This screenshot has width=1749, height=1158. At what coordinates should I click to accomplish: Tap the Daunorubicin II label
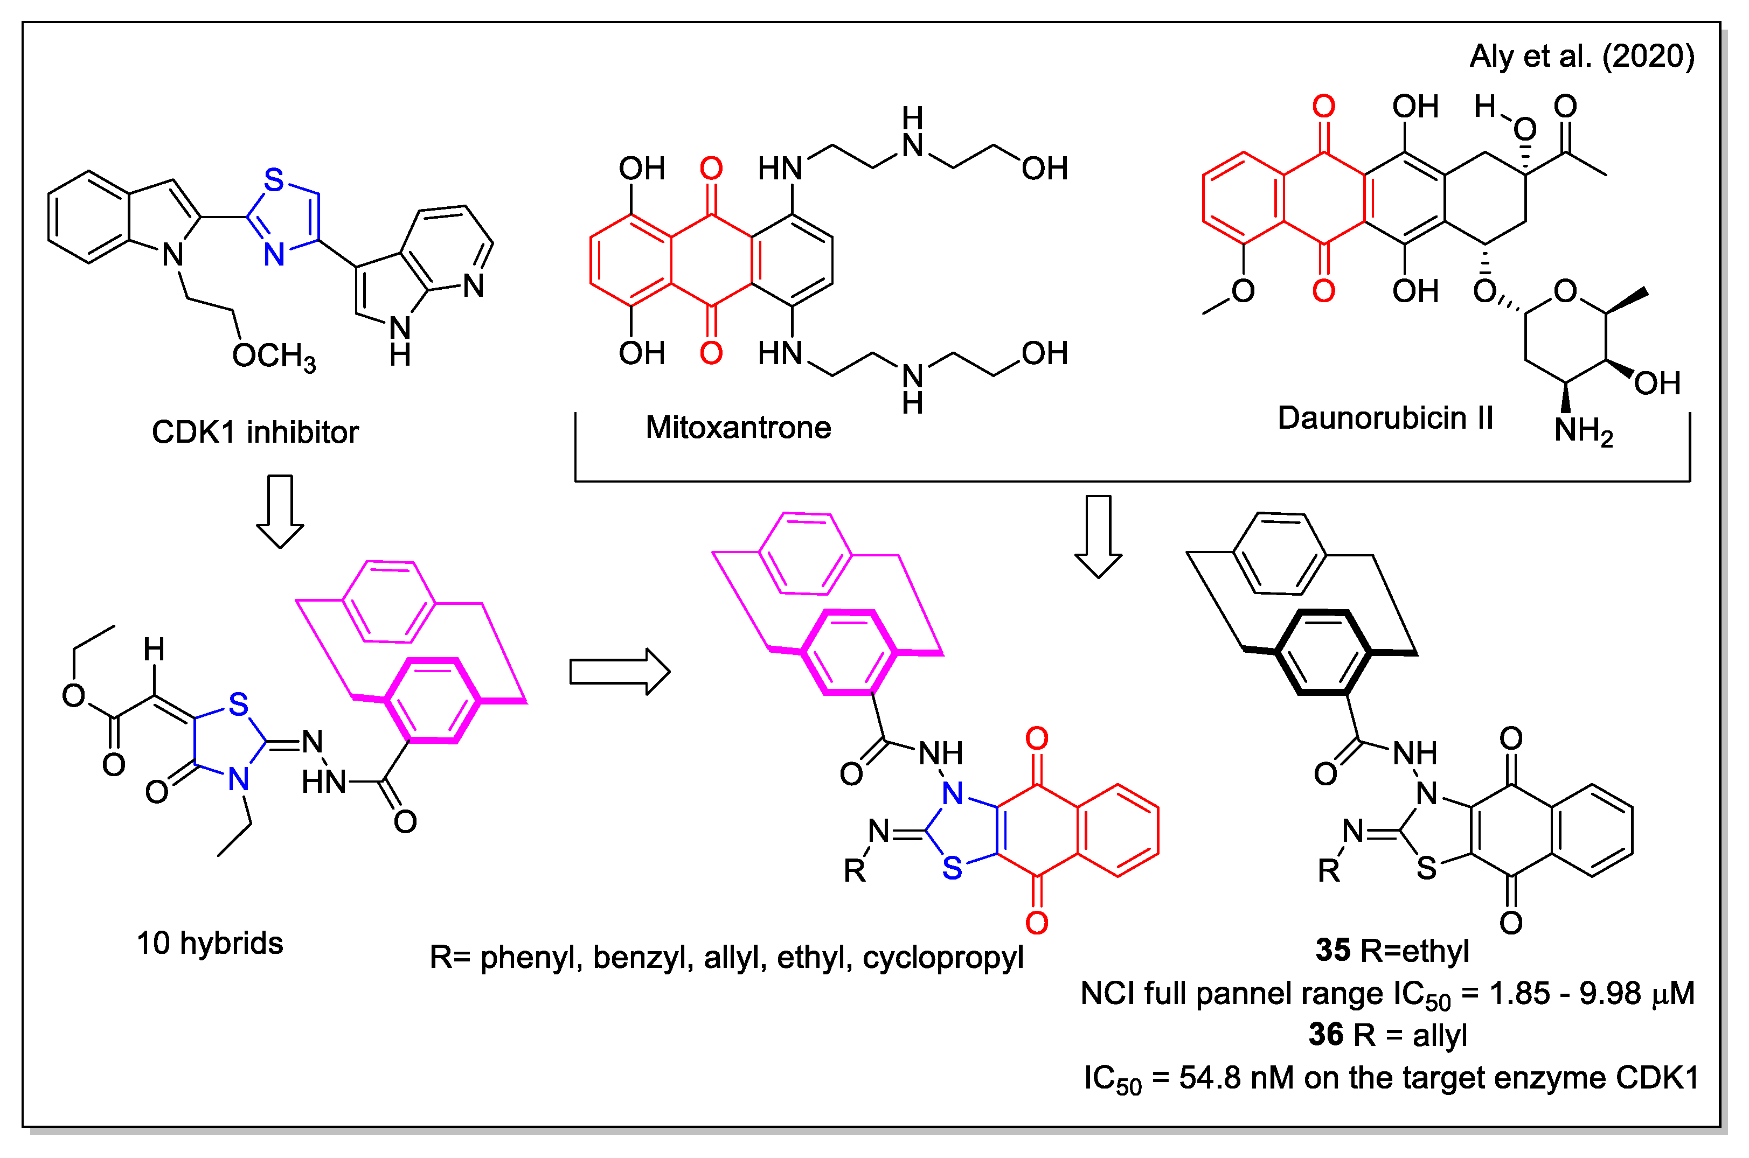1385,418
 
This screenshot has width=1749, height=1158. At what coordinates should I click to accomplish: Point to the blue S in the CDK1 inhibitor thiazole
274,180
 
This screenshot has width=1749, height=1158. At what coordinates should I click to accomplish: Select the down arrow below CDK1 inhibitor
280,511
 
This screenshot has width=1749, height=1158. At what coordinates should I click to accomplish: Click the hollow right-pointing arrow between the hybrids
619,672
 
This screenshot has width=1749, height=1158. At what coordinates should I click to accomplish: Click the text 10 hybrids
210,944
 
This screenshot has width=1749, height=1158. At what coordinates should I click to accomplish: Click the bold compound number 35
1332,951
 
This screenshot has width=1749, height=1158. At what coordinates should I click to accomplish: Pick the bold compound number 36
1326,1035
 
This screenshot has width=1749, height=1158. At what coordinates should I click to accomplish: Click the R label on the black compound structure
1329,871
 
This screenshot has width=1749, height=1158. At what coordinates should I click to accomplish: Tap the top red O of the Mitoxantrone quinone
711,169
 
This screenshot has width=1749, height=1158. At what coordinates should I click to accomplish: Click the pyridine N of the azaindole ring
474,287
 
